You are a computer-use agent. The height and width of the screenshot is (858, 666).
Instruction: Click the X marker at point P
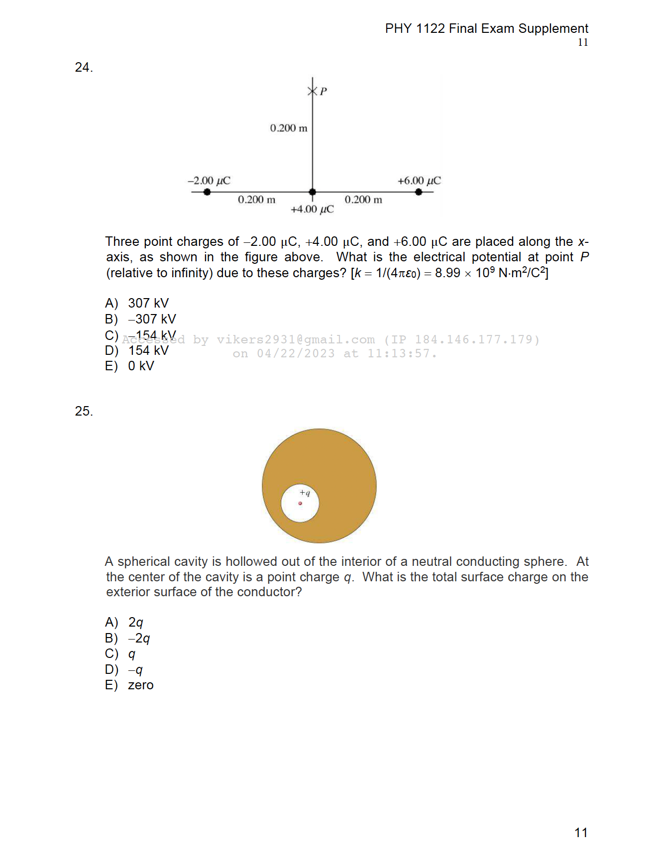point(313,91)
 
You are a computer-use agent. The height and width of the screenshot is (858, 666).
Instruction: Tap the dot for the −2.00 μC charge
point(207,192)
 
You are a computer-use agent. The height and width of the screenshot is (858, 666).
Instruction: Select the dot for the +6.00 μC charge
point(419,192)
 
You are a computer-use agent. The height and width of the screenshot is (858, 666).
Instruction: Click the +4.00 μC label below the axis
point(312,210)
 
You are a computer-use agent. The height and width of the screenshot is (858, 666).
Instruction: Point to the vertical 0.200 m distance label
point(289,128)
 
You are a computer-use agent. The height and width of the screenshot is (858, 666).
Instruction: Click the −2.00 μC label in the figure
point(209,181)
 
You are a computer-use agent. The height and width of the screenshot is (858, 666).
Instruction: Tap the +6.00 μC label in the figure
point(419,181)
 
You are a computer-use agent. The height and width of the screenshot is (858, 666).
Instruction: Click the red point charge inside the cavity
point(300,504)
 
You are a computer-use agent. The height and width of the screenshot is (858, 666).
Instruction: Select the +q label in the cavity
point(305,493)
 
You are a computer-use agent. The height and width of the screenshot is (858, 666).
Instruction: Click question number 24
point(84,68)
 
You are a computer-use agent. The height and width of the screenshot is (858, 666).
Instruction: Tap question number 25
point(84,412)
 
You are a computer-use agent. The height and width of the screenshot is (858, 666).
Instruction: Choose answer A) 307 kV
point(137,304)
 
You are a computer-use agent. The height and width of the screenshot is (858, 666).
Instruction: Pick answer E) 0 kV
point(130,366)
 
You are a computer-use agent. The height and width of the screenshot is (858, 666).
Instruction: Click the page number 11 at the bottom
point(581,833)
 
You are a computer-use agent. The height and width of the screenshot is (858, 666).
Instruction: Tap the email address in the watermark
point(296,340)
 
